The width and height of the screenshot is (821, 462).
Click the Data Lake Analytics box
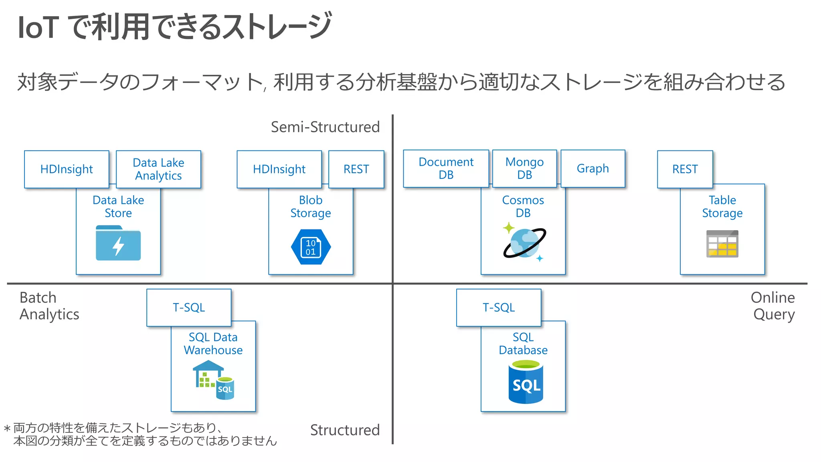pyautogui.click(x=158, y=169)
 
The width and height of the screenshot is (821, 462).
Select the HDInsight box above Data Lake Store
pyautogui.click(x=67, y=169)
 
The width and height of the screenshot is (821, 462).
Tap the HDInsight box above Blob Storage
pyautogui.click(x=279, y=169)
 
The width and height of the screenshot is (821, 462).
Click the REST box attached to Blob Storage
pyautogui.click(x=356, y=169)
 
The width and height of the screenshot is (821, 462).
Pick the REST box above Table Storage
pyautogui.click(x=685, y=169)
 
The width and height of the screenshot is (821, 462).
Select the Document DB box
pyautogui.click(x=446, y=168)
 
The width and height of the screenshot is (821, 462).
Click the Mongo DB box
pyautogui.click(x=524, y=168)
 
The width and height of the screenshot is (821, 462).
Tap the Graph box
pyautogui.click(x=592, y=168)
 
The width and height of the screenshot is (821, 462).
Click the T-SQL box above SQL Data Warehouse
pyautogui.click(x=189, y=308)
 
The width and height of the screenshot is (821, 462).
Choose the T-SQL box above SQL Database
pyautogui.click(x=499, y=308)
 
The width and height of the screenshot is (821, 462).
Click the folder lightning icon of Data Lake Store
pyautogui.click(x=118, y=243)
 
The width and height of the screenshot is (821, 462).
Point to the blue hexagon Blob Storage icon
pyautogui.click(x=311, y=247)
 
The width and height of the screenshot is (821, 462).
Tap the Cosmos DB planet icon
pyautogui.click(x=524, y=243)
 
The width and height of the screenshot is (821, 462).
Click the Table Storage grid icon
pyautogui.click(x=722, y=244)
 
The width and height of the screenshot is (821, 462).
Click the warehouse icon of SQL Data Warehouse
pyautogui.click(x=213, y=379)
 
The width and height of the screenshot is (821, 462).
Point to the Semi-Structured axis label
pyautogui.click(x=325, y=127)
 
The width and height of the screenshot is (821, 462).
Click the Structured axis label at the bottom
pyautogui.click(x=345, y=430)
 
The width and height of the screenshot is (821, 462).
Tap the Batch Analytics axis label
pyautogui.click(x=49, y=306)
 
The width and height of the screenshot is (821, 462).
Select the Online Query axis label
pyautogui.click(x=772, y=306)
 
